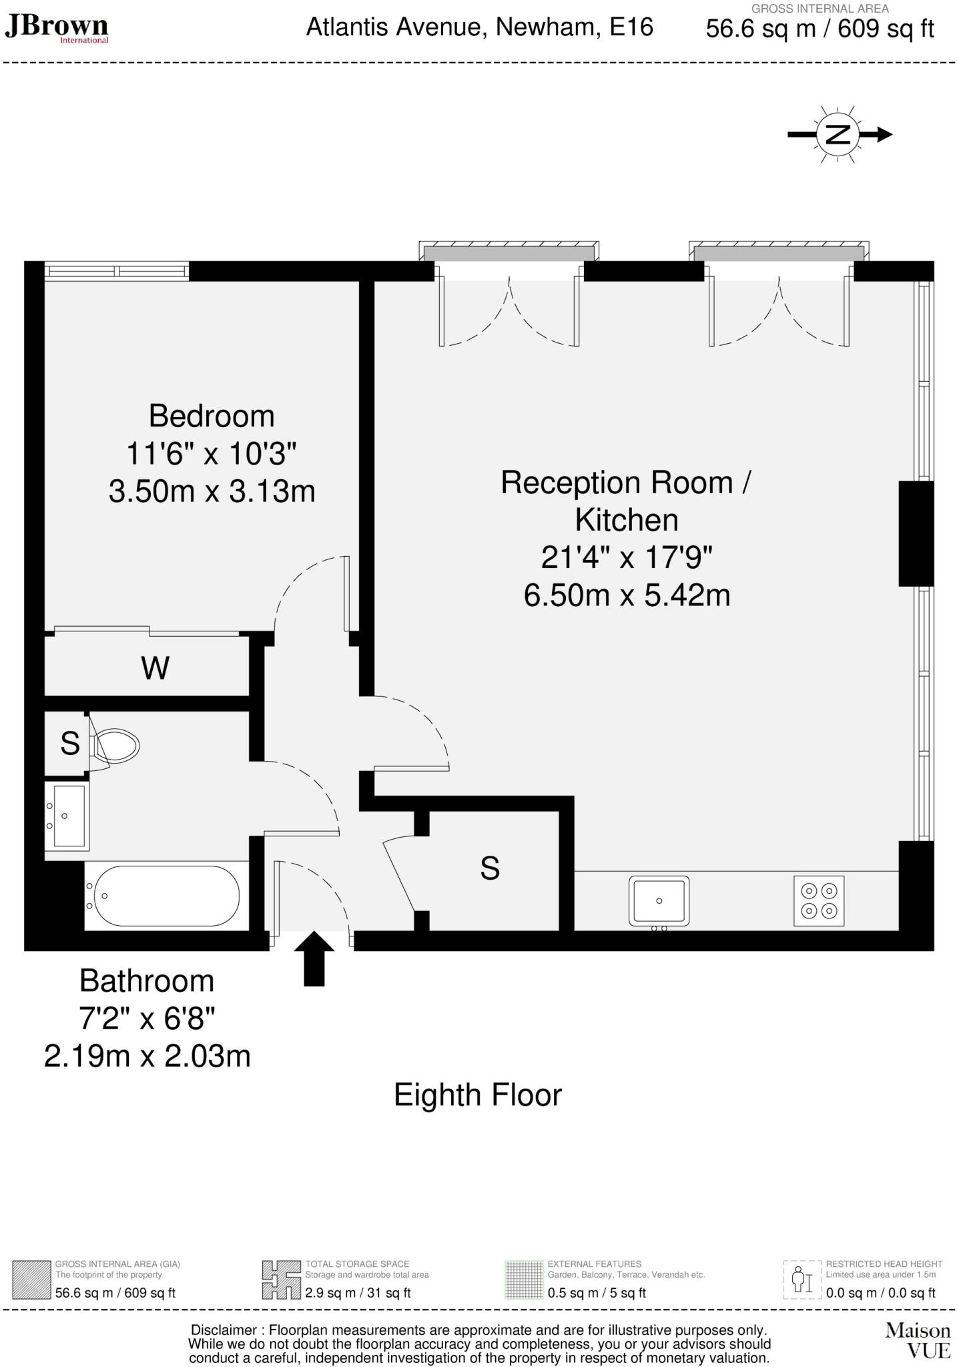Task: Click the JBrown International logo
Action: [56, 28]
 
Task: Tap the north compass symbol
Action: [838, 134]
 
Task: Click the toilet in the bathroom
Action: [115, 746]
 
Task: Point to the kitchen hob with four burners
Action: [819, 900]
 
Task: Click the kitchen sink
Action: [659, 900]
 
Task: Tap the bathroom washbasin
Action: [67, 815]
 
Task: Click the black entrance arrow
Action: [314, 959]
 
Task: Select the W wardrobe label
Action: [155, 667]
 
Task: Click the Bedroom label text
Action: [212, 416]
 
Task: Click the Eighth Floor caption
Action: [478, 1095]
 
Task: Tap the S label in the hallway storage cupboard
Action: [490, 868]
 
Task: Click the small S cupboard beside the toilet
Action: [69, 743]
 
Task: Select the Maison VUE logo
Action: [918, 1340]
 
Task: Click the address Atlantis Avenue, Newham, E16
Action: [479, 27]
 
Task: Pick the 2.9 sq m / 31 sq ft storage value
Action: [358, 1293]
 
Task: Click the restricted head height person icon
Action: [802, 1279]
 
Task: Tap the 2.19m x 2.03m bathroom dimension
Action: [147, 1056]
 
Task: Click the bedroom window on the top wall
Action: [117, 271]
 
